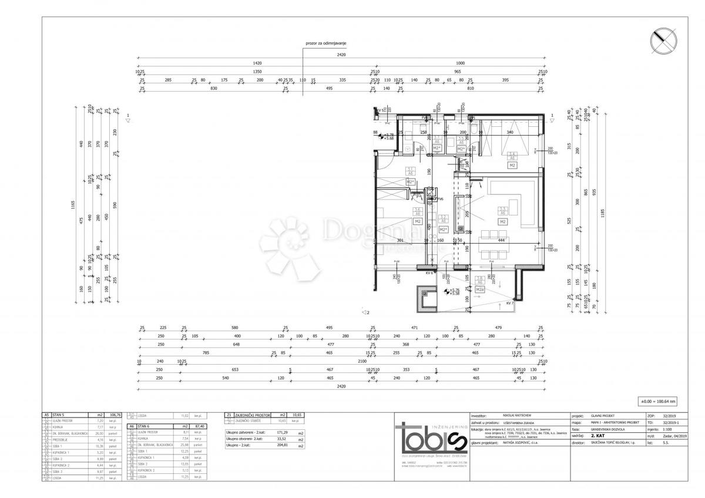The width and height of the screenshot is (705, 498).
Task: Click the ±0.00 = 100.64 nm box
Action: (x=658, y=402)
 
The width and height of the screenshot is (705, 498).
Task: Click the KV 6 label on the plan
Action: (x=428, y=273)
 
